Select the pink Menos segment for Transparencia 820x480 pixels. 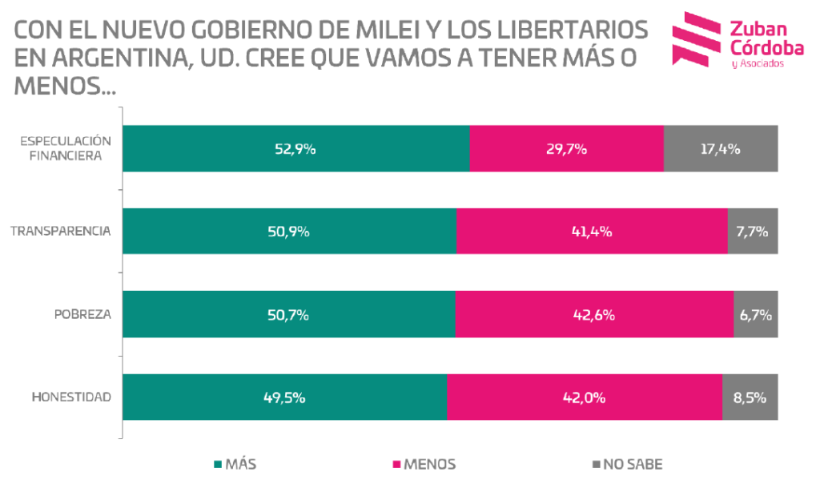click(592, 232)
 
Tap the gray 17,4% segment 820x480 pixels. click(720, 149)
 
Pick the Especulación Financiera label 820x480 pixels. click(66, 148)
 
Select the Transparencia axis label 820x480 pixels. click(60, 232)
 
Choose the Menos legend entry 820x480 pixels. click(424, 463)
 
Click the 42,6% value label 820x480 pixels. click(594, 315)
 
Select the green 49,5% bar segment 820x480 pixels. click(284, 397)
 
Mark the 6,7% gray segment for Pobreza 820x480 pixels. click(755, 315)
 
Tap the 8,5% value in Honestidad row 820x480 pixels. click(750, 397)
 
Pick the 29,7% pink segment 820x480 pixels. click(566, 149)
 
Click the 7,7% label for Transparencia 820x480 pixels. click(752, 232)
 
